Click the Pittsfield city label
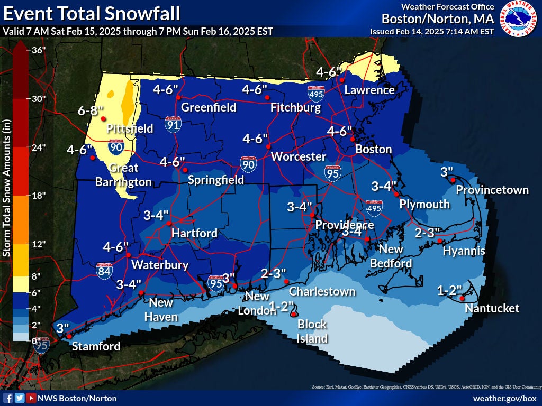tap(130, 128)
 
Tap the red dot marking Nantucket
tap(462, 299)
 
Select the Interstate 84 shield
tap(104, 271)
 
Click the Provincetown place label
tap(492, 190)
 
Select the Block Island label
tap(312, 331)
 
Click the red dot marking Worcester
tap(268, 146)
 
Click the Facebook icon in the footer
tap(8, 398)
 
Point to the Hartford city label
tap(194, 233)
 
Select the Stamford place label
tap(96, 347)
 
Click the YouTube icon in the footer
tap(31, 398)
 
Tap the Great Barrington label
tap(123, 175)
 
